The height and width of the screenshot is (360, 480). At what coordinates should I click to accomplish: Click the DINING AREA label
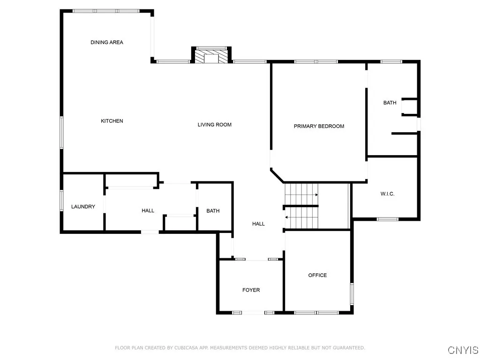pos(107,42)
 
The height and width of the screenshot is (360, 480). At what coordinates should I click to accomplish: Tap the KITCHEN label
pos(112,121)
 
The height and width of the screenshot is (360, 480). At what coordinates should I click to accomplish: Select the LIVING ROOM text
pos(215,125)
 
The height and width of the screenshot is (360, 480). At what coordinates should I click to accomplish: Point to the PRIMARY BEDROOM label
pos(319,126)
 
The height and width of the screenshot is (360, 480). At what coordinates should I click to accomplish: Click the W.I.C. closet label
pos(387,194)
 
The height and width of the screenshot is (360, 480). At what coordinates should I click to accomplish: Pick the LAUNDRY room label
pos(83,207)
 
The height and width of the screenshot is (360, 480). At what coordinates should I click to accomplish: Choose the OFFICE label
pos(317,275)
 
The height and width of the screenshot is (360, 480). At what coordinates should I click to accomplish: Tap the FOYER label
pos(251,290)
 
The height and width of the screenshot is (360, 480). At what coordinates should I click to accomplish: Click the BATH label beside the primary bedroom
pos(390,103)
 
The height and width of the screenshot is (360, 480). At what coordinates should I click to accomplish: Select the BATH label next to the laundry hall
pos(213,211)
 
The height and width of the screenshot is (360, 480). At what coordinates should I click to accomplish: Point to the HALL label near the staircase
pos(258,224)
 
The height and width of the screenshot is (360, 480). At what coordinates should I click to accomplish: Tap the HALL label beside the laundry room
pos(148,211)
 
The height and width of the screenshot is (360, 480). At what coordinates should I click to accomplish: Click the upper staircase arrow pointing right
pos(317,194)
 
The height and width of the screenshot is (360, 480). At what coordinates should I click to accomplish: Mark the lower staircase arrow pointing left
pos(286,217)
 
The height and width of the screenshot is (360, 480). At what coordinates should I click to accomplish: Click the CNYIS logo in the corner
pos(463,350)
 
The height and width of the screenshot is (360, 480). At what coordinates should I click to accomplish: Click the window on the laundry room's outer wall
pos(61,199)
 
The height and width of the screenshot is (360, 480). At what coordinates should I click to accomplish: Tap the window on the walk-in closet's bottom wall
pos(388,219)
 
